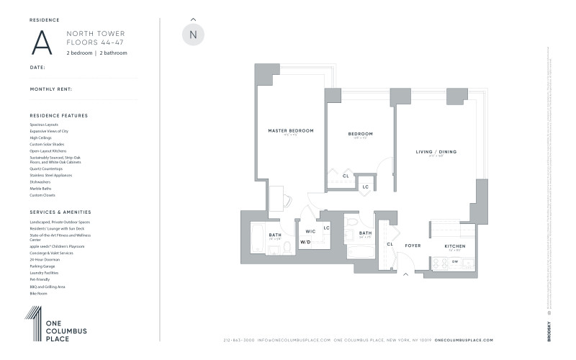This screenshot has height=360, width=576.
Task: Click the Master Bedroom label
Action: click(x=291, y=130)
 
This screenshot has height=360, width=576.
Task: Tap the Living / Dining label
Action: click(x=436, y=152)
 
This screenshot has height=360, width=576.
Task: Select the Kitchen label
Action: click(x=454, y=246)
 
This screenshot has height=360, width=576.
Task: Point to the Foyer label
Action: click(x=412, y=246)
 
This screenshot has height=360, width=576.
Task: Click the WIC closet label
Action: click(x=310, y=231)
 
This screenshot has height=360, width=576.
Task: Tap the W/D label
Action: click(x=305, y=242)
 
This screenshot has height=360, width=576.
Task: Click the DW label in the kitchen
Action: click(x=454, y=261)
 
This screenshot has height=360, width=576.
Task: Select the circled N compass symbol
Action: click(x=192, y=35)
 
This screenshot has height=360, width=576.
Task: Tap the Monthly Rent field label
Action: click(x=51, y=89)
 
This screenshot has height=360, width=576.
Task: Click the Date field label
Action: click(x=37, y=67)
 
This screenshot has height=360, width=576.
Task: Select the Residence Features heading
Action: click(x=58, y=115)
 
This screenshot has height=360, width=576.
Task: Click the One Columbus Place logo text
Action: click(x=66, y=330)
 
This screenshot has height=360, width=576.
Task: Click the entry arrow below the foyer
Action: click(x=405, y=274)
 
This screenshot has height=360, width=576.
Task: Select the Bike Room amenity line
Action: click(x=38, y=294)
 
